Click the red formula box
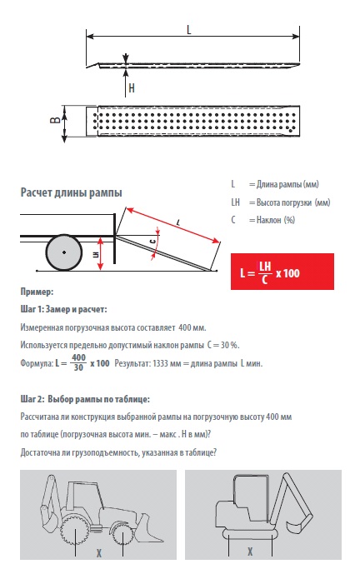282,272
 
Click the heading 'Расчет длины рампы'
71,192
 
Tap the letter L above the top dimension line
188,30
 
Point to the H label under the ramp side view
132,87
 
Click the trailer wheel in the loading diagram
64,252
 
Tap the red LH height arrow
101,254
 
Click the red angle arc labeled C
157,243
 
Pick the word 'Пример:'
37,292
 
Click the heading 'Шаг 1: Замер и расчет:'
63,309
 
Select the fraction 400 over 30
78,362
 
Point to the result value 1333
160,363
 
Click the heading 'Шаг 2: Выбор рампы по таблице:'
85,399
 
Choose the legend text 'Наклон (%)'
276,220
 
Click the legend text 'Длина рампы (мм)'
287,184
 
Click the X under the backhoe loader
98,552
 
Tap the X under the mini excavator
250,552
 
